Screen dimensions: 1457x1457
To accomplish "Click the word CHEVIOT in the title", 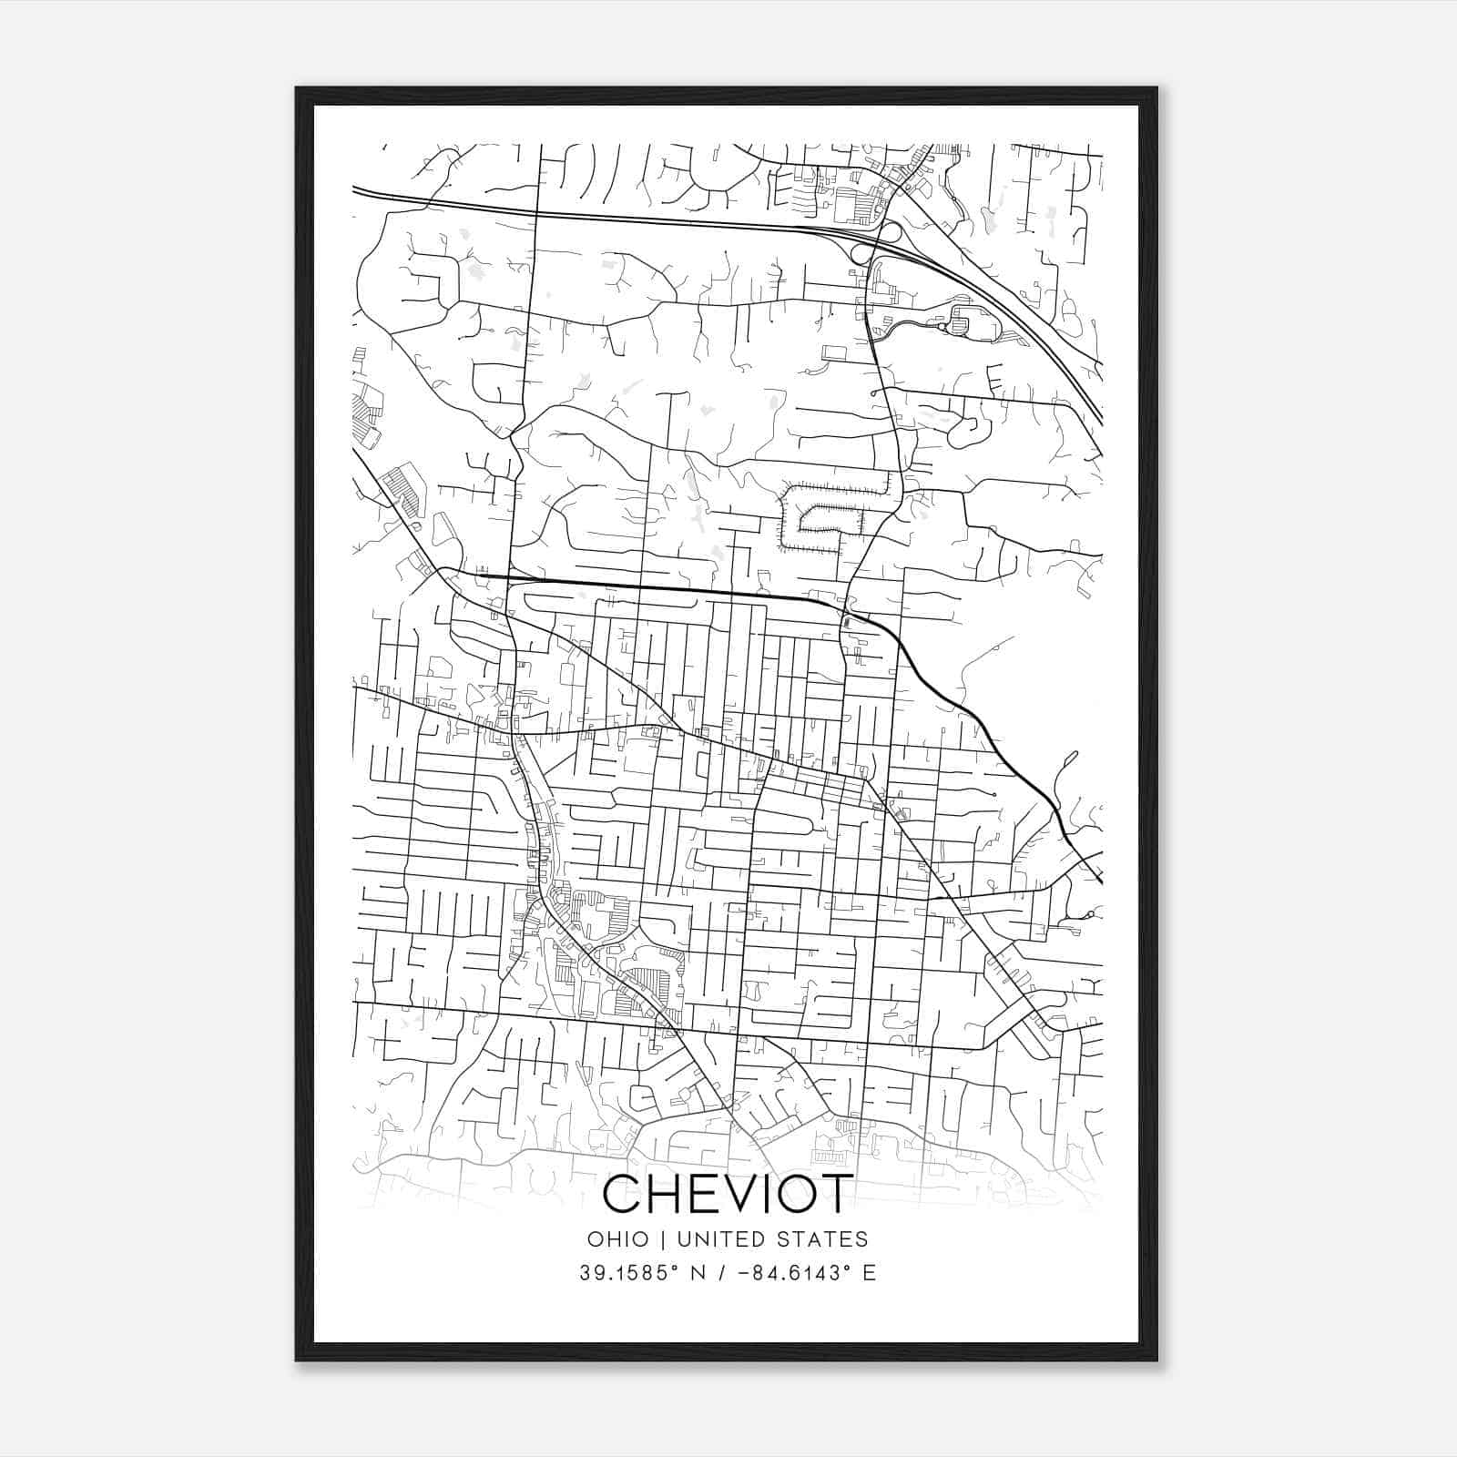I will click(x=728, y=1194).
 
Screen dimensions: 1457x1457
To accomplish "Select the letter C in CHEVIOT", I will click(x=623, y=1194).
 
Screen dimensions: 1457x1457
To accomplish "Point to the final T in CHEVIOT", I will click(x=835, y=1194).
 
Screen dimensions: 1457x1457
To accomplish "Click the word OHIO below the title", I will click(x=618, y=1239).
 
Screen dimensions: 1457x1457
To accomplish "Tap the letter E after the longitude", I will click(x=870, y=1273).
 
